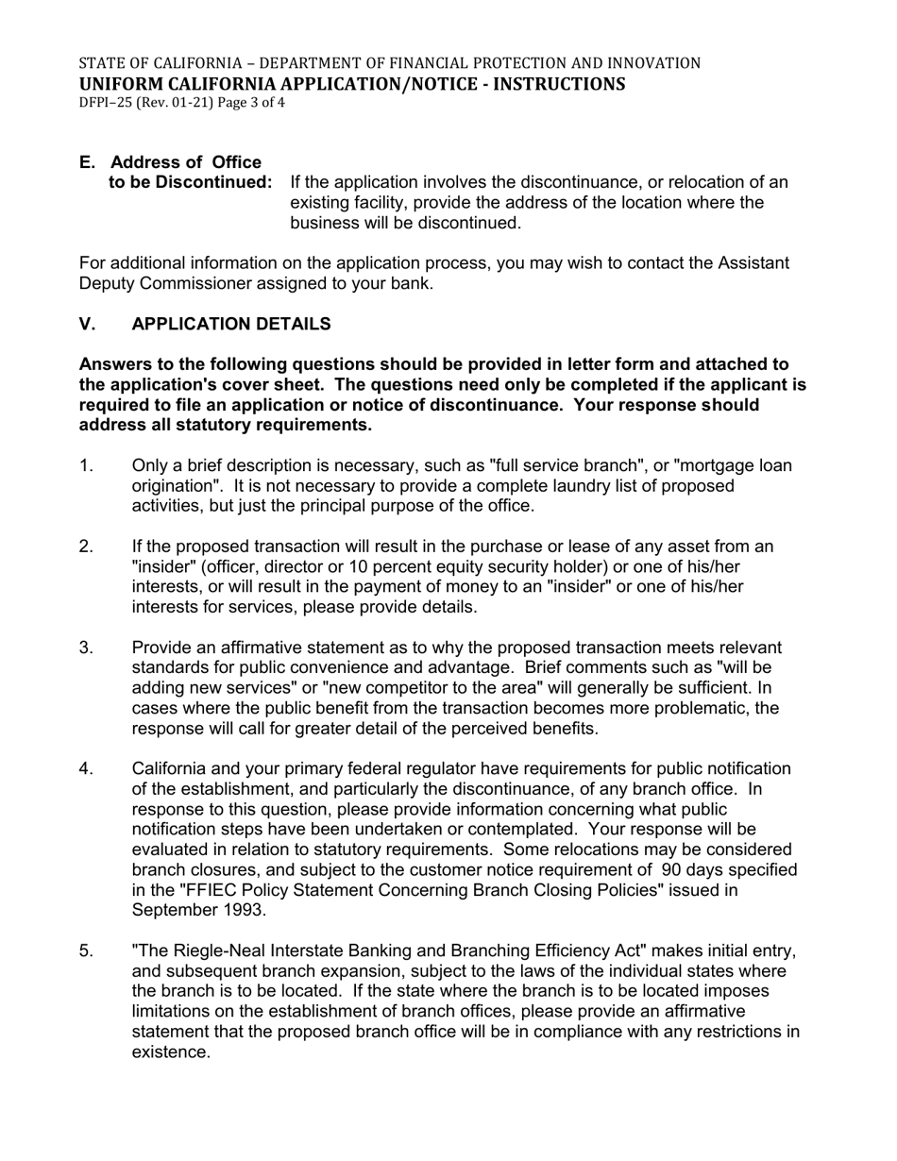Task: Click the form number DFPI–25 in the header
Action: tap(105, 102)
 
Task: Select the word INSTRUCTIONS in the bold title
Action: tap(555, 83)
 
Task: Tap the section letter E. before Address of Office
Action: tap(88, 162)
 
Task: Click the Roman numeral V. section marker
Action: tap(88, 324)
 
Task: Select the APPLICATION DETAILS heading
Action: tap(231, 324)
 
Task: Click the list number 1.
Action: tap(86, 465)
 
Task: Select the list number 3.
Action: tap(86, 648)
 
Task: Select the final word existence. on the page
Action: tap(171, 1052)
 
